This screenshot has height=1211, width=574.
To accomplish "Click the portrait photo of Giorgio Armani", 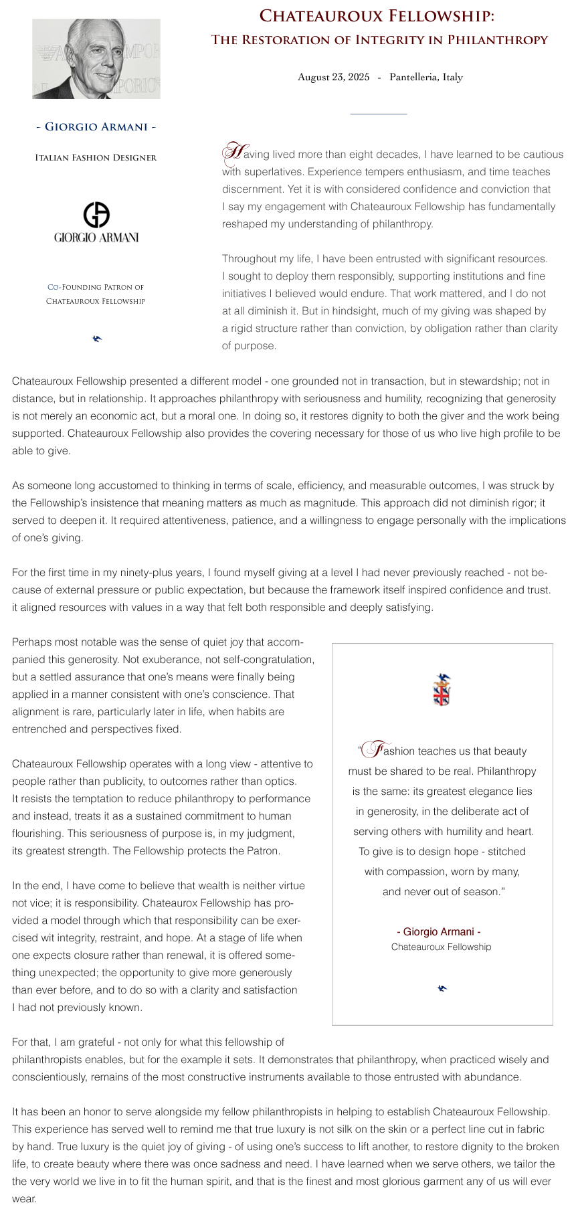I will click(96, 59).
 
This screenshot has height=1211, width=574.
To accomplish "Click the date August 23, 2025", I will click(333, 77).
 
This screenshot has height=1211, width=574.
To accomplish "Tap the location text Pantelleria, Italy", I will click(426, 77).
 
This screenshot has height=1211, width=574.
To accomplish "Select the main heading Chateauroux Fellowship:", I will click(377, 16).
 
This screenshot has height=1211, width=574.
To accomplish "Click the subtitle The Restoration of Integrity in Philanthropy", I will click(379, 40).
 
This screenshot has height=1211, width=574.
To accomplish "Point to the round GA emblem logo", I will click(96, 215).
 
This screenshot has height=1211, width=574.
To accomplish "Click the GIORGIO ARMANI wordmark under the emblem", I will click(96, 238).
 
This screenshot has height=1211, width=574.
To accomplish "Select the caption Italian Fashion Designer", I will click(96, 158).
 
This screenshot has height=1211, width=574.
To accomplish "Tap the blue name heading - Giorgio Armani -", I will click(96, 127).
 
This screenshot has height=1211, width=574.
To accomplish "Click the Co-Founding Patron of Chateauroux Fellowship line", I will click(96, 294).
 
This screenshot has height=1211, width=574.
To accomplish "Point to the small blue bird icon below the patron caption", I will click(97, 339).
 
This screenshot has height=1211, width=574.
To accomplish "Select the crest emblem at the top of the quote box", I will click(442, 690).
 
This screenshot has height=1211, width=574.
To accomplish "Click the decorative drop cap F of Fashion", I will click(377, 749).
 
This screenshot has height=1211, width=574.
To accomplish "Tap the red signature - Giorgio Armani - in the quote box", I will click(439, 931).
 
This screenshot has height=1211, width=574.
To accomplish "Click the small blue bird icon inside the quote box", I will click(442, 988).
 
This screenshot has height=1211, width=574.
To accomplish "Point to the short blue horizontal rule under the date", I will click(378, 114).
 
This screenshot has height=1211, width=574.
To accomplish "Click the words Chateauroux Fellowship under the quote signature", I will click(441, 947).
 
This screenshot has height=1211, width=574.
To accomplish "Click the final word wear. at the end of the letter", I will click(24, 1199).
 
